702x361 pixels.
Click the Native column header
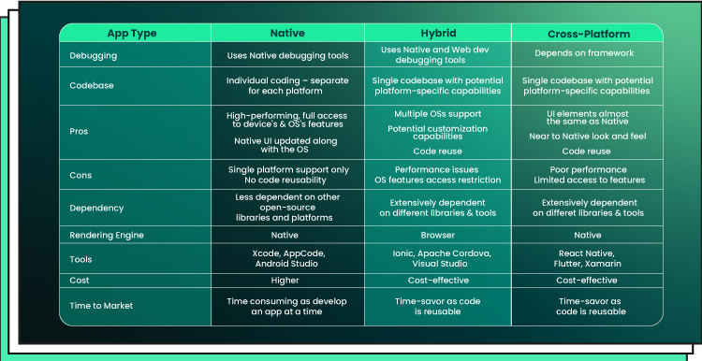[x=287, y=33]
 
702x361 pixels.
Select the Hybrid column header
[x=438, y=33]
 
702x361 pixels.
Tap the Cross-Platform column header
[x=589, y=34]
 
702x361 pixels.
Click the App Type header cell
[x=132, y=34]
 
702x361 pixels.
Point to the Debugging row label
[x=93, y=56]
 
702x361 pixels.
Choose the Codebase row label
[x=92, y=85]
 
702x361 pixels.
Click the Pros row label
[x=79, y=132]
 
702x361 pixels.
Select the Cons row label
[x=80, y=175]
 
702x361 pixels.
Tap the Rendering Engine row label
[x=107, y=236]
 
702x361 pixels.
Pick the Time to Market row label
[x=101, y=306]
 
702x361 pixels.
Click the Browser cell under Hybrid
[x=437, y=236]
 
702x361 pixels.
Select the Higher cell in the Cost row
[x=285, y=281]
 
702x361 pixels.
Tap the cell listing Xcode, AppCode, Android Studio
[x=287, y=258]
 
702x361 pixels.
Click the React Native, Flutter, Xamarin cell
[x=587, y=258]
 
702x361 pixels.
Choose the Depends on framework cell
[x=584, y=53]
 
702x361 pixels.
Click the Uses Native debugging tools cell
[x=287, y=56]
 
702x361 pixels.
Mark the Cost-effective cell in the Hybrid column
[x=438, y=281]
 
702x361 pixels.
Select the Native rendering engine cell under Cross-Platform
[x=588, y=236]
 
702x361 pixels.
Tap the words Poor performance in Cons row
[x=589, y=170]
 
